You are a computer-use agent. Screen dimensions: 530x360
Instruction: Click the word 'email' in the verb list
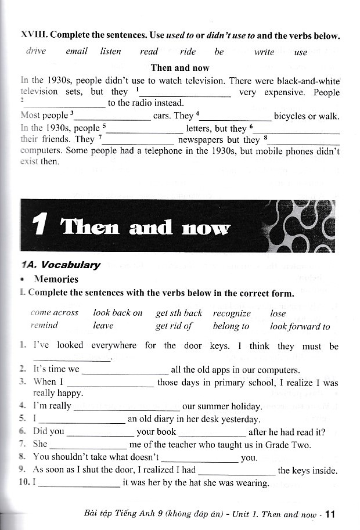tap(76, 51)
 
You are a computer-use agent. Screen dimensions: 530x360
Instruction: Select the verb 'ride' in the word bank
tap(188, 52)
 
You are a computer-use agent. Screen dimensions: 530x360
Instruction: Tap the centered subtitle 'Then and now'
tap(179, 67)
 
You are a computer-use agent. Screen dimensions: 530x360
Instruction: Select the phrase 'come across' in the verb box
tap(54, 313)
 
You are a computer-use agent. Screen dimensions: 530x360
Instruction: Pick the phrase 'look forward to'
tap(300, 326)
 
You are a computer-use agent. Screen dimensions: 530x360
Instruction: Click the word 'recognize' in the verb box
tap(231, 313)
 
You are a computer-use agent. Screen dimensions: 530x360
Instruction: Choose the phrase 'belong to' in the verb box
tap(231, 326)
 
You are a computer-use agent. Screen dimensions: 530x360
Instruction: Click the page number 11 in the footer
tap(331, 514)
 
